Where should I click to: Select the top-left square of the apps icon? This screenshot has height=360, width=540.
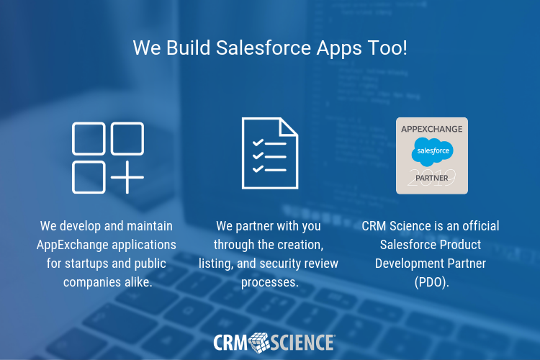tap(88, 138)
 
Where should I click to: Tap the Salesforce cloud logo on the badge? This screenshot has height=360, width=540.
tap(432, 152)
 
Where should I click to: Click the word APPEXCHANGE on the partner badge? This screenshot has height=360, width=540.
tap(432, 128)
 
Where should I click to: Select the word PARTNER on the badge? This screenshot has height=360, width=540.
tap(432, 177)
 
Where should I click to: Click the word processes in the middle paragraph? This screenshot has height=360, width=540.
tap(269, 282)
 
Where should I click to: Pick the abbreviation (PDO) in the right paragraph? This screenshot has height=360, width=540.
tap(431, 282)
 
